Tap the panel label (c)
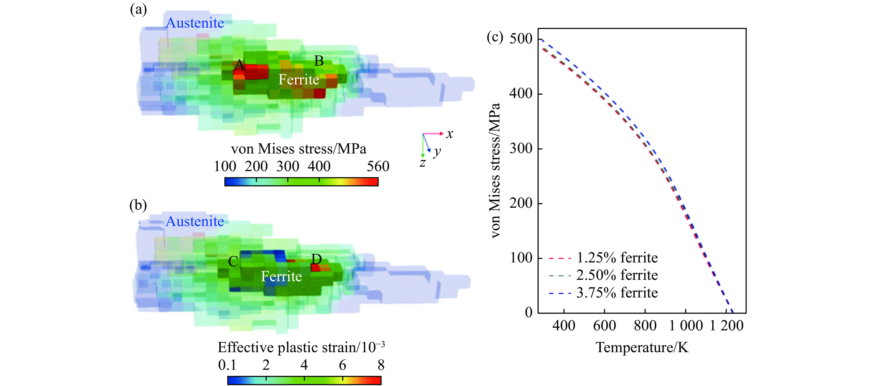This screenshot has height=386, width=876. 495,37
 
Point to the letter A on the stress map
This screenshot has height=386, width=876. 239,64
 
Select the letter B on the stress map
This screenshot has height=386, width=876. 319,61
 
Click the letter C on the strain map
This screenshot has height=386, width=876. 233,262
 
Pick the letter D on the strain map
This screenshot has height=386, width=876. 317,259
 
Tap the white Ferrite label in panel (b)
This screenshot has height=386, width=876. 281,276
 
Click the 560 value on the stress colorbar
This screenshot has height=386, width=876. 378,166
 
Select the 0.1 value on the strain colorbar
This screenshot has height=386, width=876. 227,365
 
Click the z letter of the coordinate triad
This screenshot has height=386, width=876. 422,163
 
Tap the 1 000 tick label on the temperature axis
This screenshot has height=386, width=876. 686,325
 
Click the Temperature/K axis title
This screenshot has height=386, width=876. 642,347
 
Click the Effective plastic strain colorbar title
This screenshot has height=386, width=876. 301,347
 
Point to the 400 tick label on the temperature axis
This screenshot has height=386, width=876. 563,325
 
